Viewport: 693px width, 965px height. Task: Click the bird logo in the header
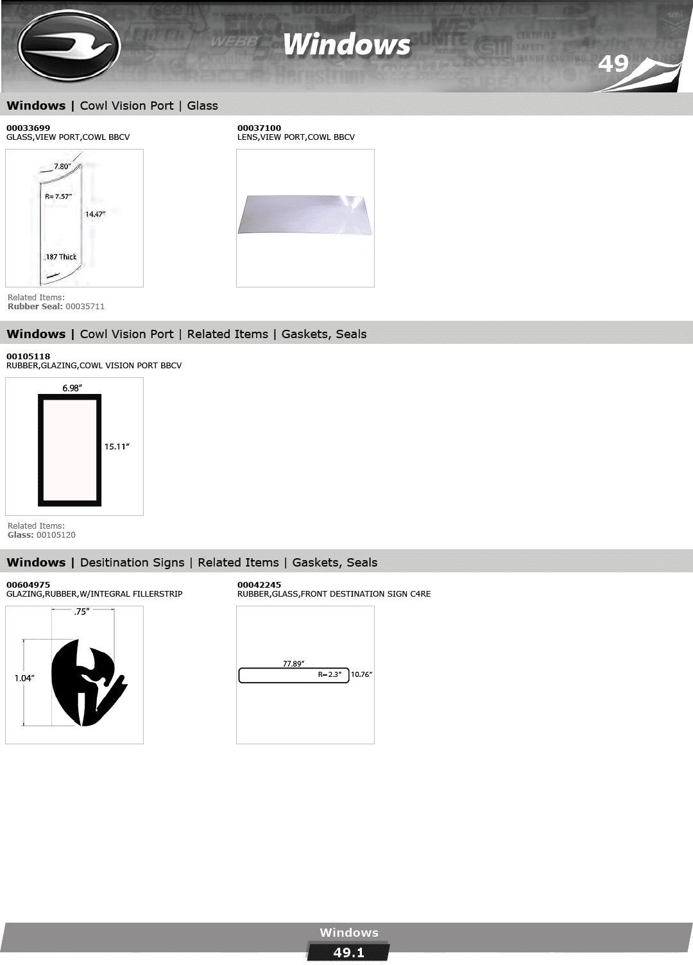tap(69, 46)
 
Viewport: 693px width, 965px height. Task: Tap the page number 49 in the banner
tap(613, 64)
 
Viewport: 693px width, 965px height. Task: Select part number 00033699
tap(28, 128)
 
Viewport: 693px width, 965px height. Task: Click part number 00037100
tap(259, 128)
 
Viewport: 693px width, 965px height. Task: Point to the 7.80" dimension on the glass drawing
tap(62, 166)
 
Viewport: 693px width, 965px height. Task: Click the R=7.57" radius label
tap(58, 196)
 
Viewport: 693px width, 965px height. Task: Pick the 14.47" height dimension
tap(95, 214)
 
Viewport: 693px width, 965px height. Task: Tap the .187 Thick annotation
tap(60, 257)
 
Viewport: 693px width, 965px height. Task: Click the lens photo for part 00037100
tap(305, 215)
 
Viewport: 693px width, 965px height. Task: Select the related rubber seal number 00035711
tap(85, 306)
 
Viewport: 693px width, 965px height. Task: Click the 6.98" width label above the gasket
tap(72, 388)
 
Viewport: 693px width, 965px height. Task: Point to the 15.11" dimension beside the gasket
tap(117, 447)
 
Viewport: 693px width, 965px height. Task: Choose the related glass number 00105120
tap(56, 534)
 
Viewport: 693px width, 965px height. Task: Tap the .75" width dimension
tap(81, 611)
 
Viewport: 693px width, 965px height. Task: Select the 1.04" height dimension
tap(24, 678)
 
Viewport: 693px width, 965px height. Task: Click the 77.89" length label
tap(293, 663)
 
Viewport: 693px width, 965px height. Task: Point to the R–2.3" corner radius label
tap(329, 674)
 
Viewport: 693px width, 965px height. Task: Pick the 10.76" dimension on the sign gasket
tap(361, 674)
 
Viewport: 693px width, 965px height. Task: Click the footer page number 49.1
tap(348, 953)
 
